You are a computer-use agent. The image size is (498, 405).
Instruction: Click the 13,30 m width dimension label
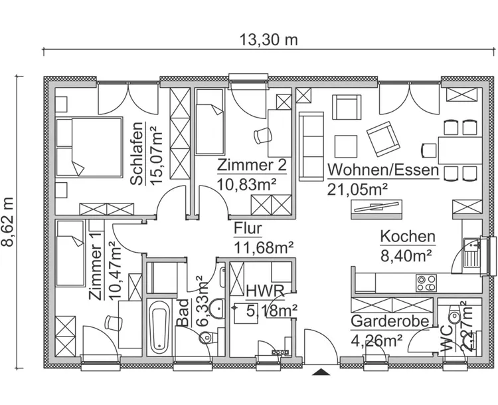[x=269, y=39]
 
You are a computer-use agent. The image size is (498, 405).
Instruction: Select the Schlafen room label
[x=137, y=154]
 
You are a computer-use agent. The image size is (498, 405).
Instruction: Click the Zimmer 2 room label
[x=252, y=165]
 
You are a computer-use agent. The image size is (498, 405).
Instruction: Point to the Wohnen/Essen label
[x=382, y=170]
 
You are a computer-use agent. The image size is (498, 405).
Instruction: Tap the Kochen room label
[x=407, y=236]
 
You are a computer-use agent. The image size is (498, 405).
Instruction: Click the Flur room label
[x=248, y=229]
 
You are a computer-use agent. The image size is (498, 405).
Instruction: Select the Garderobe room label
[x=389, y=321]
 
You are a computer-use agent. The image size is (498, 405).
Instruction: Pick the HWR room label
[x=265, y=291]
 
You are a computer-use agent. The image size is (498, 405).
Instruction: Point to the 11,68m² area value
[x=264, y=248]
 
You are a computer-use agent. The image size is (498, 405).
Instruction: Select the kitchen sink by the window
[x=473, y=253]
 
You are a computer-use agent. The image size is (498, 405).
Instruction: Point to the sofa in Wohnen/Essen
[x=309, y=146]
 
